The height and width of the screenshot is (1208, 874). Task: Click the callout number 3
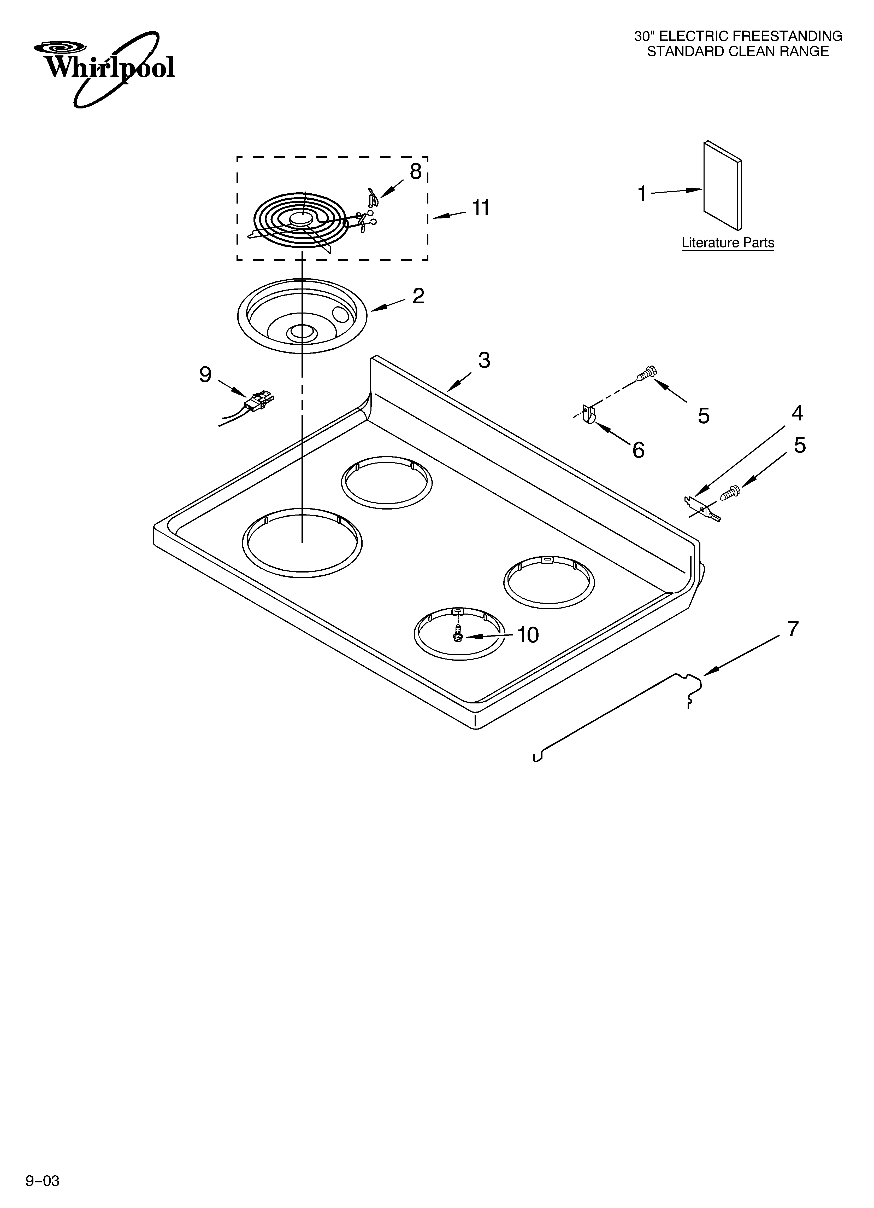pos(484,361)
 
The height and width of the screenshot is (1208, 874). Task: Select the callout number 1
pos(642,194)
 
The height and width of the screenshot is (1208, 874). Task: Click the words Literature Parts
pos(728,243)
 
